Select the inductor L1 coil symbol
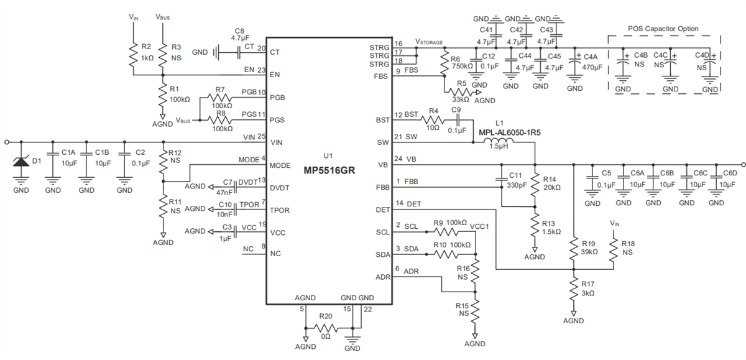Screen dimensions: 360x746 tap(497, 142)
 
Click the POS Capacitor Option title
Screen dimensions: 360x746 tap(662, 29)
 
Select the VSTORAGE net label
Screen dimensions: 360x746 tap(429, 42)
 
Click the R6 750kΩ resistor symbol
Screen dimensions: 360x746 tap(443, 62)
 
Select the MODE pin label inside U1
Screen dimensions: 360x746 tap(279, 165)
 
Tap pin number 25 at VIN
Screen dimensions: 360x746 tap(262, 137)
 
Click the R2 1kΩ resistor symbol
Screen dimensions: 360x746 tap(132, 56)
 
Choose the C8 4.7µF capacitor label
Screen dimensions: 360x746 tap(240, 34)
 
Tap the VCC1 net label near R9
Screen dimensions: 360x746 tap(481, 226)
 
